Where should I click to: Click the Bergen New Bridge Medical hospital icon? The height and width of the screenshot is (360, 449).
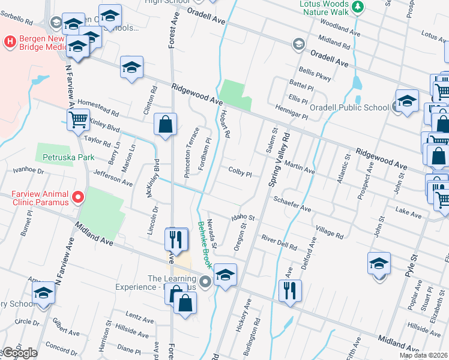(10, 42)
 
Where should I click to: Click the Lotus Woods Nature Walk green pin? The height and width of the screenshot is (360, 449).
(358, 7)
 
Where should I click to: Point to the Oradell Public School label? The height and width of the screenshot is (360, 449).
(349, 108)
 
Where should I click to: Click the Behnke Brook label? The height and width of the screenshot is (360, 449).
(205, 245)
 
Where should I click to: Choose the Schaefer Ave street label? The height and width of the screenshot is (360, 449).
(292, 203)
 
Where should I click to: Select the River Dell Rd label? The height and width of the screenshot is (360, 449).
(280, 242)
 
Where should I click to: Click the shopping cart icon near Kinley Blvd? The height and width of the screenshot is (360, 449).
(79, 120)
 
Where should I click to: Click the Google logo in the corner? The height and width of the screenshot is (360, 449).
(19, 353)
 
